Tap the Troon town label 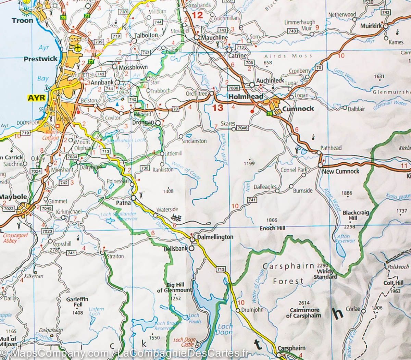(x=23, y=20)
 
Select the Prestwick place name (x=40, y=59)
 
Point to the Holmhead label (x=246, y=97)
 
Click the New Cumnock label (x=341, y=171)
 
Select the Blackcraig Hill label (x=356, y=215)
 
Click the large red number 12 (x=197, y=15)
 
